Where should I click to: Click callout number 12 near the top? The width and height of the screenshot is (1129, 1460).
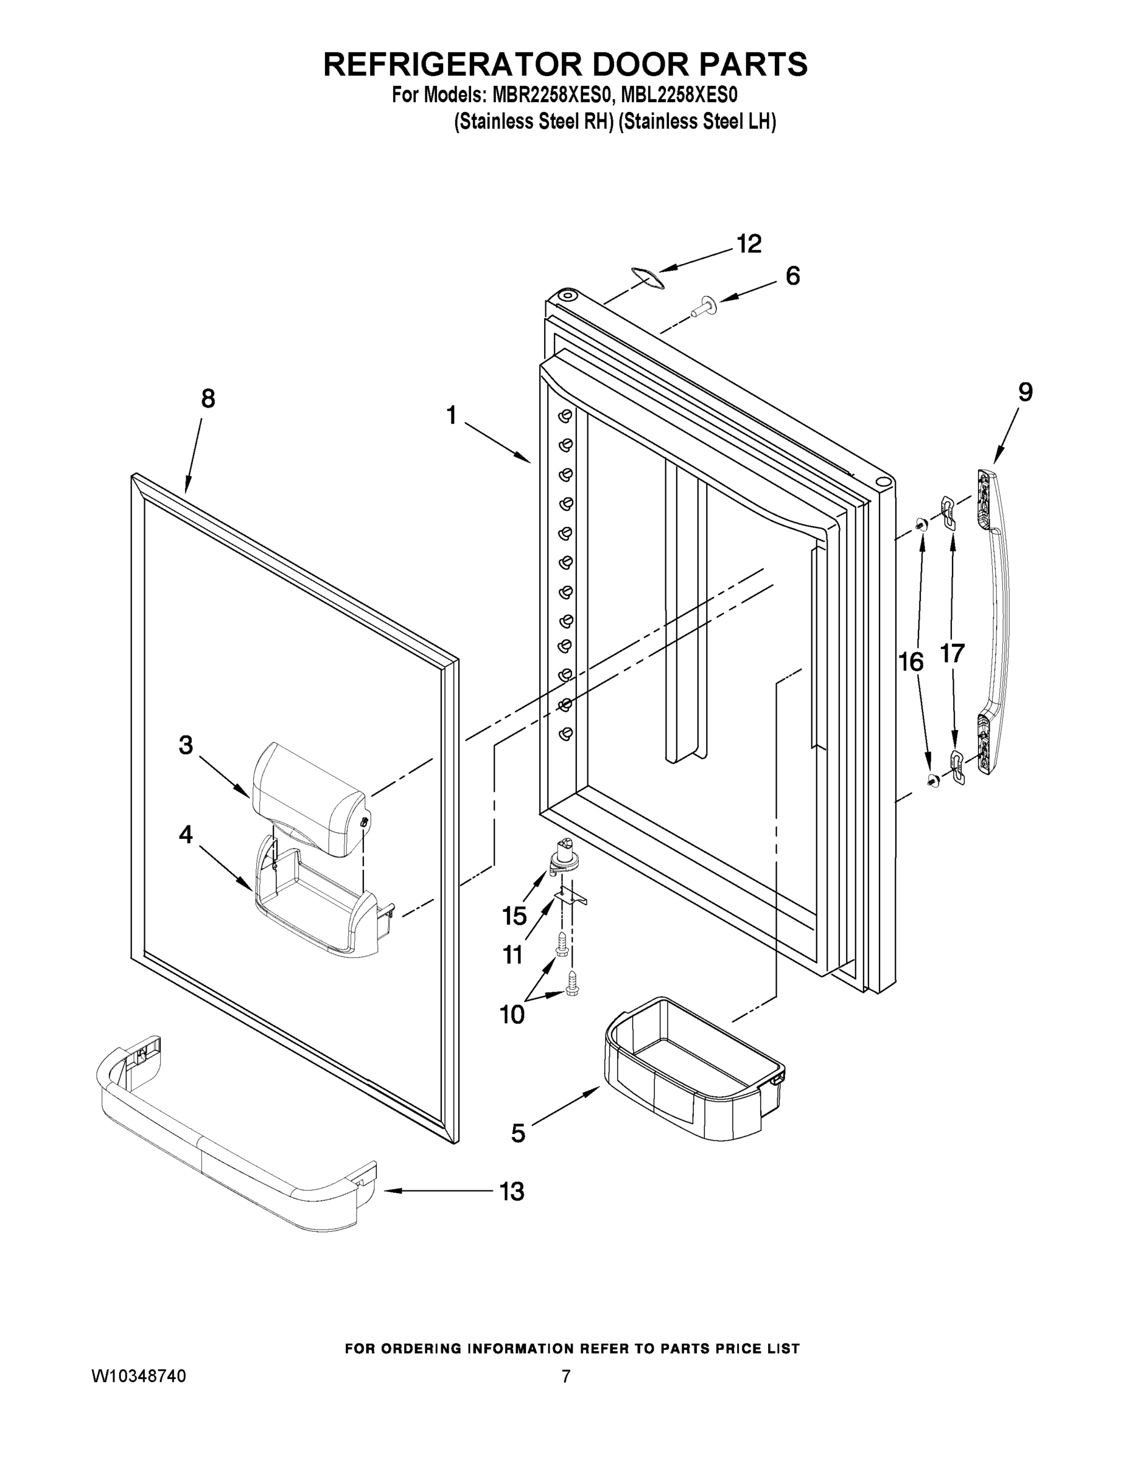(749, 244)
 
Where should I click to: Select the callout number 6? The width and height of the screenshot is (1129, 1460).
(792, 276)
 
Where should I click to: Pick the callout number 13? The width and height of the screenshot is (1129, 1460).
(512, 1191)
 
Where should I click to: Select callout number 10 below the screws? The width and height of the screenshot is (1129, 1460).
(512, 1015)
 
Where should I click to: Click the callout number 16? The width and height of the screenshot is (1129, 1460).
(911, 662)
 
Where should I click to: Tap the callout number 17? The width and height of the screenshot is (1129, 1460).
(952, 653)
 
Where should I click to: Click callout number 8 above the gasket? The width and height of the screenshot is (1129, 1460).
(208, 399)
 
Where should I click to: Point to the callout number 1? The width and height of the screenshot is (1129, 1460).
(452, 416)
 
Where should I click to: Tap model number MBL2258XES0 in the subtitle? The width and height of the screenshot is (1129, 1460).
(679, 96)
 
